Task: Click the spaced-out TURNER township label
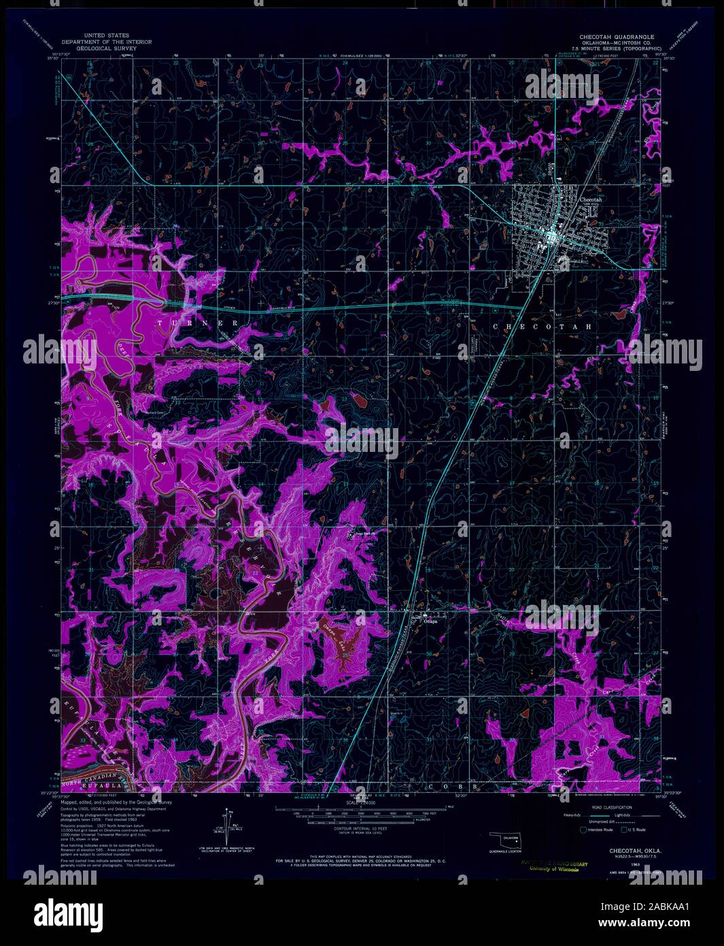(x=198, y=323)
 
